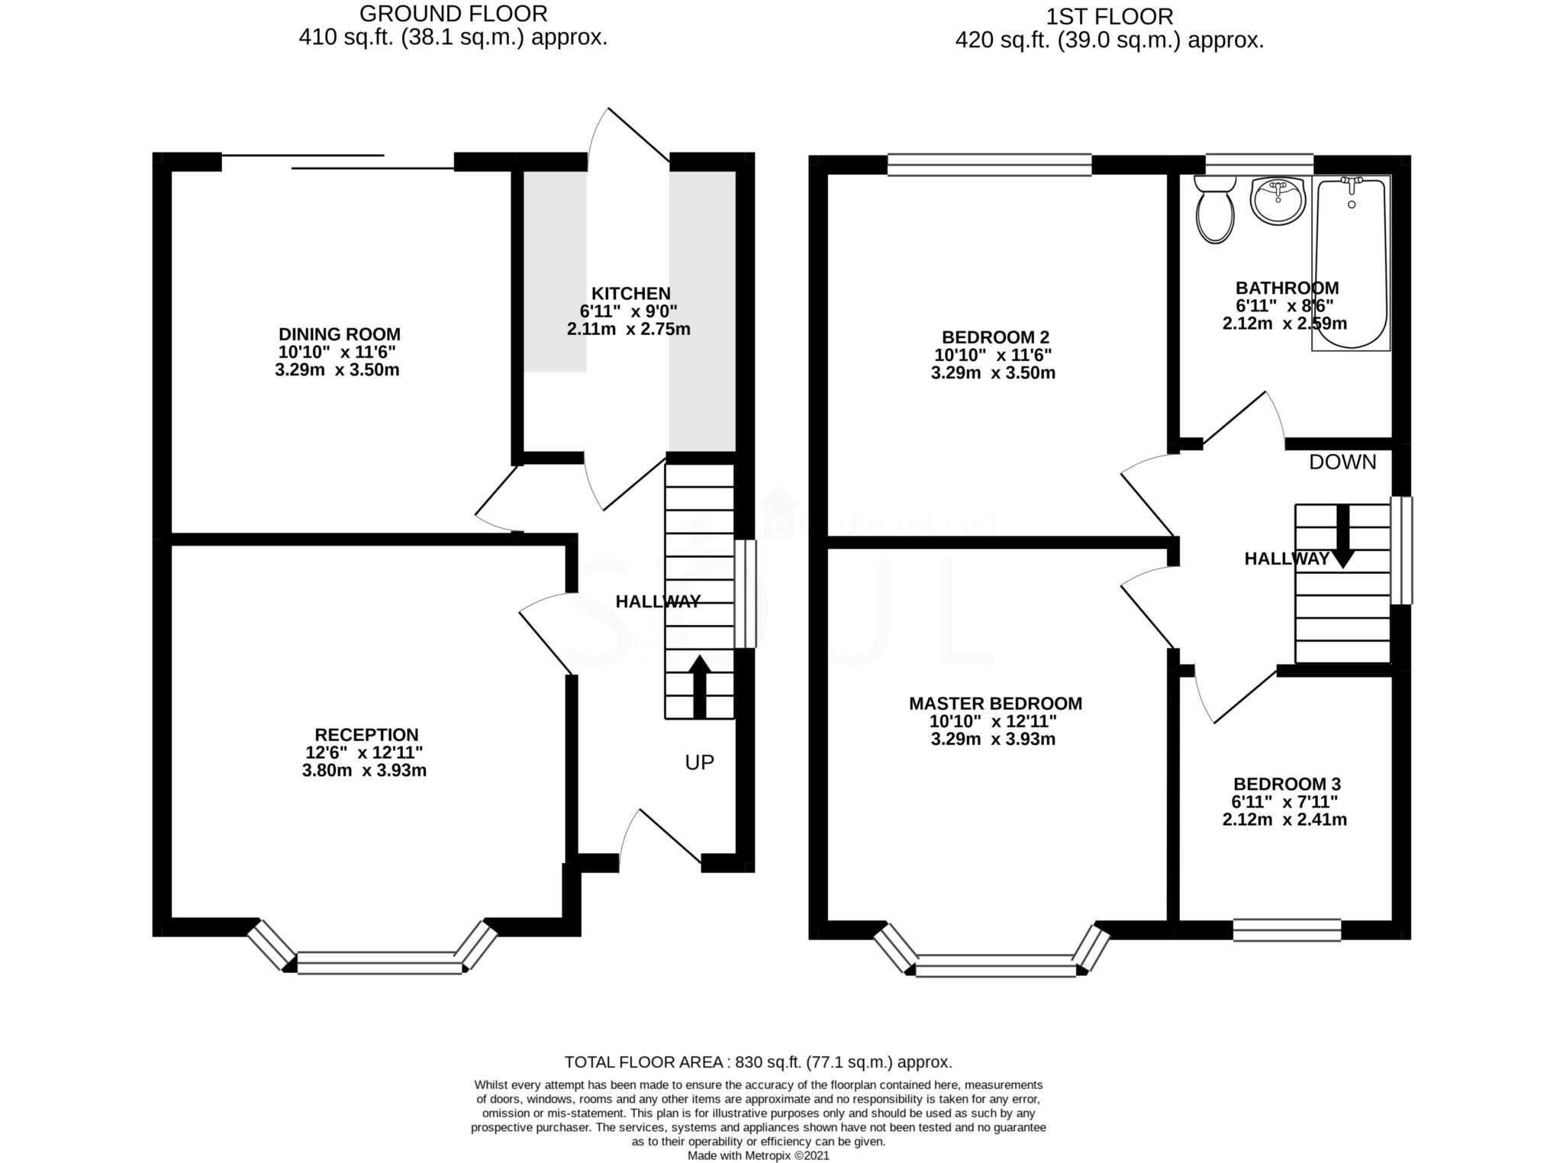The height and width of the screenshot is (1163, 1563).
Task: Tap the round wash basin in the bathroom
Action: (1277, 200)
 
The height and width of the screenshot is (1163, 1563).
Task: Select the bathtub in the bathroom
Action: (1351, 263)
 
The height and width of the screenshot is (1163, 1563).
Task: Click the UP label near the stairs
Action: (699, 762)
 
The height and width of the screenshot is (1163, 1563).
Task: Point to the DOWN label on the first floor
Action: (1342, 462)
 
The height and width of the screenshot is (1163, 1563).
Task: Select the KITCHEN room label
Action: (630, 294)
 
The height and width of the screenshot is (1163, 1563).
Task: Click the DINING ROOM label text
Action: (339, 334)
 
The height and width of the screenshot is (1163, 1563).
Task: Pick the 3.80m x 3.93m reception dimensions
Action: (364, 771)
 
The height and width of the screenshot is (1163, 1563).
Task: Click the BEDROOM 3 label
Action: (1287, 784)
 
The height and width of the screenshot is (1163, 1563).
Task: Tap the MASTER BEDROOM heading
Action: (995, 704)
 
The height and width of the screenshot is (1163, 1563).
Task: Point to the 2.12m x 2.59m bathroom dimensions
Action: (1284, 324)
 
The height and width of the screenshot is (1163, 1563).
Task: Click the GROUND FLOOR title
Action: (453, 14)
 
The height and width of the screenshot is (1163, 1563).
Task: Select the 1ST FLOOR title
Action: (1110, 16)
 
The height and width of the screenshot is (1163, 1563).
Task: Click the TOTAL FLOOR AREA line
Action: (758, 1062)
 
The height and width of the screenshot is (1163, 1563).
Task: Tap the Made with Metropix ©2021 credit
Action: (758, 1155)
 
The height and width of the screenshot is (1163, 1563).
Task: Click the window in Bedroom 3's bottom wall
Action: (1287, 929)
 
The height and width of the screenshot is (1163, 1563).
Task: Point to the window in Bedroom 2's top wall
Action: (989, 165)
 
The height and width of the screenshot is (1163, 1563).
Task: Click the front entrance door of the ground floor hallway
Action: (661, 839)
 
